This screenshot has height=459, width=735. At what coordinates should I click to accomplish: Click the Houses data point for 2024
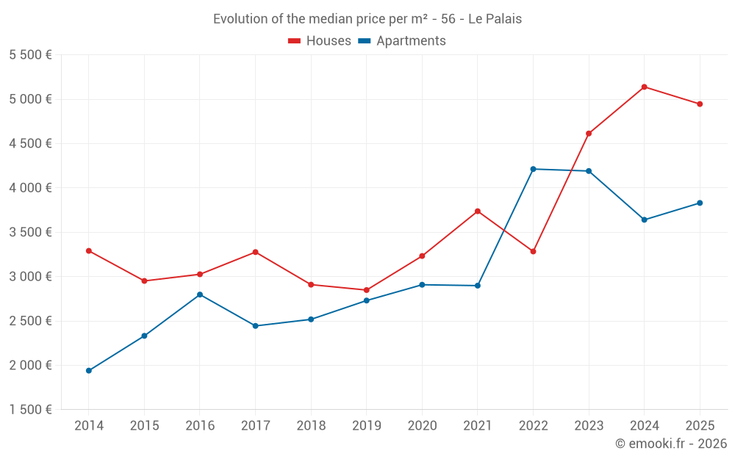(x=644, y=87)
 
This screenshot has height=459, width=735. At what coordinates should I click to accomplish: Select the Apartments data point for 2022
(x=533, y=169)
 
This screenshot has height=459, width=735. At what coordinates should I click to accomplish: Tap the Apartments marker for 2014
(x=88, y=371)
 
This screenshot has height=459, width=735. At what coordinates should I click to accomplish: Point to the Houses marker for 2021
(x=478, y=212)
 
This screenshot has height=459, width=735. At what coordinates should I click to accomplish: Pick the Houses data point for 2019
(x=366, y=290)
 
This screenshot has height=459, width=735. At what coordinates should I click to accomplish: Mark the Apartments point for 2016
(x=200, y=294)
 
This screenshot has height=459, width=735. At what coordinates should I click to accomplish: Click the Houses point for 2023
(x=589, y=134)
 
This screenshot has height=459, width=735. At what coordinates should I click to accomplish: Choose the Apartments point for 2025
(x=700, y=203)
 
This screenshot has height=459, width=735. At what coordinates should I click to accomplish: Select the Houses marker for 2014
(x=88, y=250)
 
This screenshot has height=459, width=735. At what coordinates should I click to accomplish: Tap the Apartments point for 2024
(x=644, y=220)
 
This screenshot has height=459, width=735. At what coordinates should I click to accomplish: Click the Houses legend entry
(x=320, y=41)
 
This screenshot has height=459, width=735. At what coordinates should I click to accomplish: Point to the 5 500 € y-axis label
(x=30, y=55)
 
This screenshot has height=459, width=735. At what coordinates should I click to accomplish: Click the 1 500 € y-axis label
(x=30, y=410)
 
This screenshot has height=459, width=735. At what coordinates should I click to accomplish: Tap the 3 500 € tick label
(x=30, y=232)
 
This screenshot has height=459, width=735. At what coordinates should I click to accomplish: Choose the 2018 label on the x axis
(x=311, y=426)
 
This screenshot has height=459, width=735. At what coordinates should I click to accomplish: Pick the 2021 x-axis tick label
(x=478, y=426)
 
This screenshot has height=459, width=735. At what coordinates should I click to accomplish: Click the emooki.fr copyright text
(x=671, y=444)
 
